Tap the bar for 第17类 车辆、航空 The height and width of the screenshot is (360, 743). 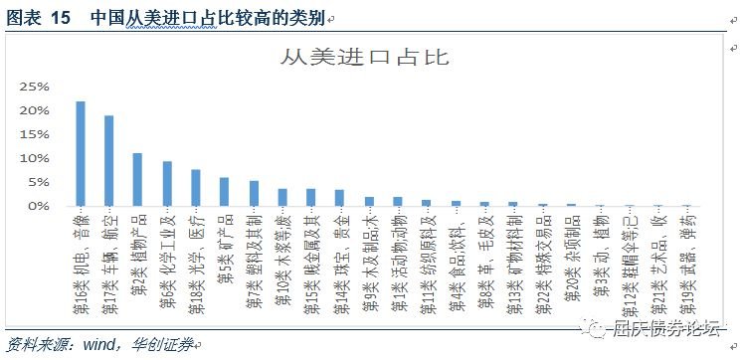pos(109,161)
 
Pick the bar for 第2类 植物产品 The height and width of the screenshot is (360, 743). pos(138,180)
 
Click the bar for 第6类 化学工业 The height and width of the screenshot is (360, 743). pos(167,184)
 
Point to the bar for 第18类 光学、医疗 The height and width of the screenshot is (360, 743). pos(196,188)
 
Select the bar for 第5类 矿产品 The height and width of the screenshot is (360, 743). pos(225,192)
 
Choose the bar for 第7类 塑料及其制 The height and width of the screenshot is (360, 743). pos(254,194)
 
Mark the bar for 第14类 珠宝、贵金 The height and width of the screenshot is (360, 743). pos(340,198)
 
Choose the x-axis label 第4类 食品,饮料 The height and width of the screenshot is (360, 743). pos(457,263)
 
